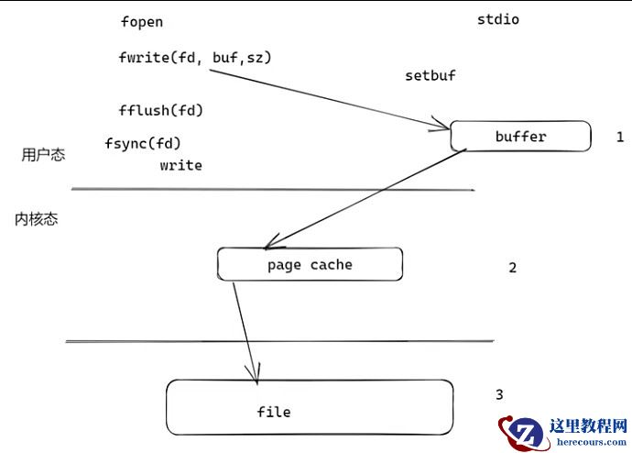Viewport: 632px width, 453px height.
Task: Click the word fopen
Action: click(x=141, y=22)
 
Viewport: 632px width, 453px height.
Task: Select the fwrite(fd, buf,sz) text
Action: click(x=195, y=57)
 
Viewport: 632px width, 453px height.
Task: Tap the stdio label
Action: click(x=498, y=19)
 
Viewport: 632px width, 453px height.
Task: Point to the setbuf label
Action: click(x=430, y=75)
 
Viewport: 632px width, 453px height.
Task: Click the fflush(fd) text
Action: click(x=160, y=111)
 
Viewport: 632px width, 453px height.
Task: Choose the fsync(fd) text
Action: click(x=143, y=143)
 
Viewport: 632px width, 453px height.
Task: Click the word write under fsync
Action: click(x=180, y=166)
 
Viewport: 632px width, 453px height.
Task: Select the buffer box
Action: click(x=520, y=137)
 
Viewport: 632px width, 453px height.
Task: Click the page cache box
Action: click(x=310, y=265)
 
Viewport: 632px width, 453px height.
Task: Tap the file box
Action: click(x=309, y=408)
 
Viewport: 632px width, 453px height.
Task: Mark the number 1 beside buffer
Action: click(x=619, y=137)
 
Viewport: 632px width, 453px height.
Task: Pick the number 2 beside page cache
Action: click(x=512, y=268)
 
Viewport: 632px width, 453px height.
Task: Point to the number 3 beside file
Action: click(x=499, y=394)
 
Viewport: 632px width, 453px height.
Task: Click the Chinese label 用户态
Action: click(x=43, y=155)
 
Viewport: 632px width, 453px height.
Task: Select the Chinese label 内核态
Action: click(x=37, y=219)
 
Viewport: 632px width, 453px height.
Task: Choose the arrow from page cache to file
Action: click(x=245, y=332)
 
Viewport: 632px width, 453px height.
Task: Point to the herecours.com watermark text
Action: click(x=588, y=443)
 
